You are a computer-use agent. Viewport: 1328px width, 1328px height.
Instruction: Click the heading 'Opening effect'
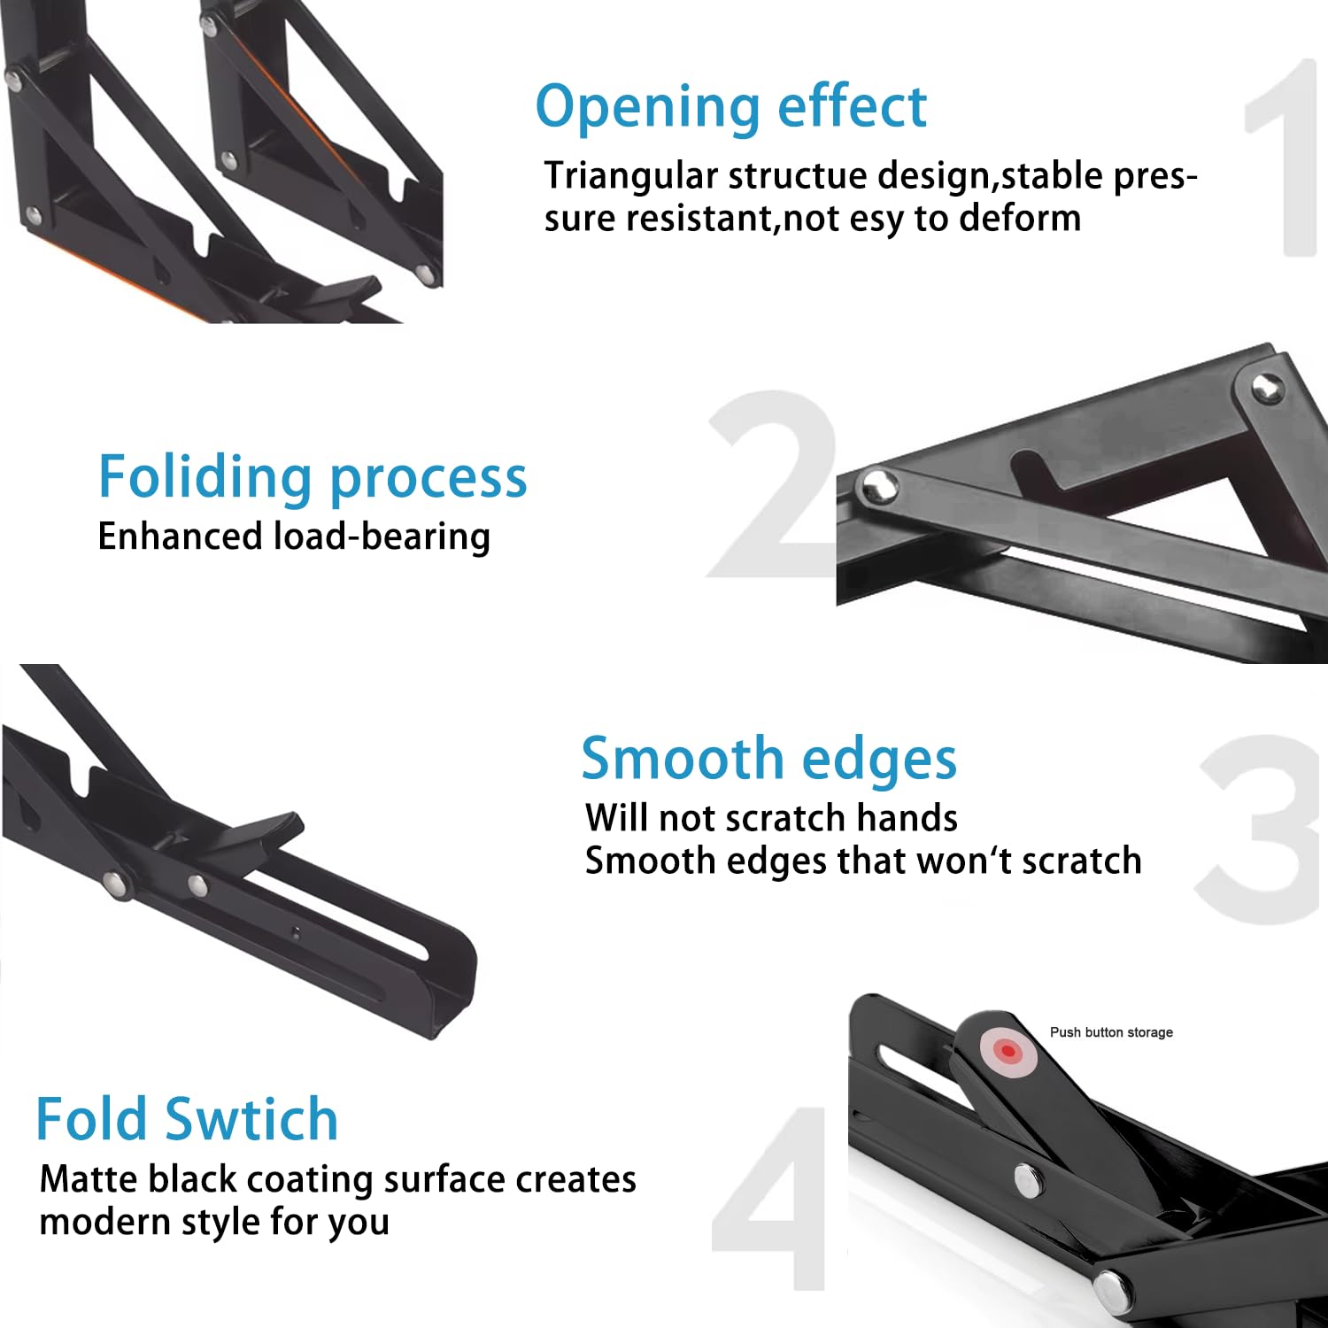730,107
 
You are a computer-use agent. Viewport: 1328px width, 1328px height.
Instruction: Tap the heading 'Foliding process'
312,477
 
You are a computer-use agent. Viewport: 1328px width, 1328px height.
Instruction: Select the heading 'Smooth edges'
768,759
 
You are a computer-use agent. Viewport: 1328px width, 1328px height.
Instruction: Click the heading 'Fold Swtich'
187,1119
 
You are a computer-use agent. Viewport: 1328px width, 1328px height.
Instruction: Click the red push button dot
1008,1051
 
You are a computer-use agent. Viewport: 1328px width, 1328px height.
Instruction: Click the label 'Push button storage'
1111,1032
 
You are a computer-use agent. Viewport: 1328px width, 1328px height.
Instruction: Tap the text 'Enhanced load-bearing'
294,537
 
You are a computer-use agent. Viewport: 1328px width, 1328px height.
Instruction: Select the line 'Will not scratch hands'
771,818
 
